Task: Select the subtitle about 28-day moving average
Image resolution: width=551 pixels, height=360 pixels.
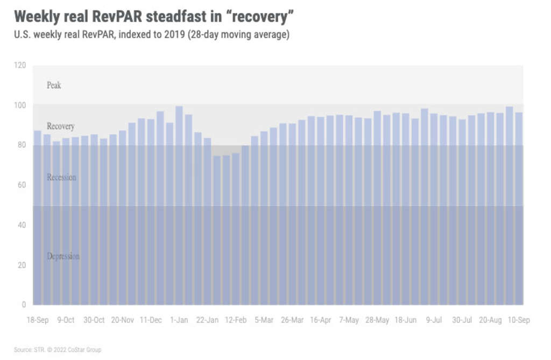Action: point(152,35)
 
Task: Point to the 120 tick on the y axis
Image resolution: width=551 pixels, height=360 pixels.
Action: point(20,65)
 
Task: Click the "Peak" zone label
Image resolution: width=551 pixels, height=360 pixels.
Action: point(54,85)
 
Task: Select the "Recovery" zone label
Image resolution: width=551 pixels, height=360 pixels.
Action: point(60,126)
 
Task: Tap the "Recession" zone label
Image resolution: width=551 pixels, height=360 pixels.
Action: point(61,177)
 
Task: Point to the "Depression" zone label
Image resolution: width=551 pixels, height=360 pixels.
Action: point(63,256)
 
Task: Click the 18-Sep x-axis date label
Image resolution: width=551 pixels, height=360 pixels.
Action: point(38,320)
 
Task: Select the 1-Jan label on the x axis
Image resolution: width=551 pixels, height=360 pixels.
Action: point(179,320)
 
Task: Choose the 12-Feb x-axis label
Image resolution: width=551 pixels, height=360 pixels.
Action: point(236,320)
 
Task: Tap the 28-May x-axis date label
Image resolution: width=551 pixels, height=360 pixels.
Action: point(377,320)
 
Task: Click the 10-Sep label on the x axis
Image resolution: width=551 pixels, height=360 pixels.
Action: point(519,320)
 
